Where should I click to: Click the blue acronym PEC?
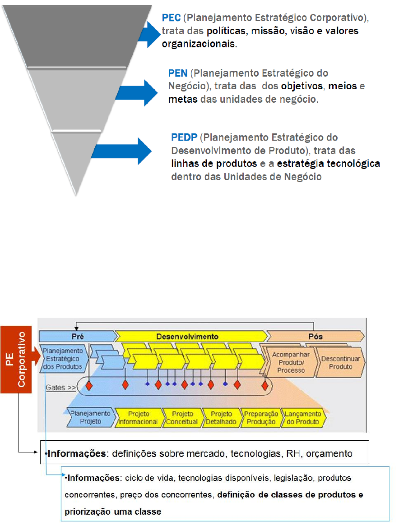[171, 18]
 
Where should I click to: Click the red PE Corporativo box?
[15, 359]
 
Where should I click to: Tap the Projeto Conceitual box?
[181, 418]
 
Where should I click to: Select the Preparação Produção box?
[260, 418]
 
